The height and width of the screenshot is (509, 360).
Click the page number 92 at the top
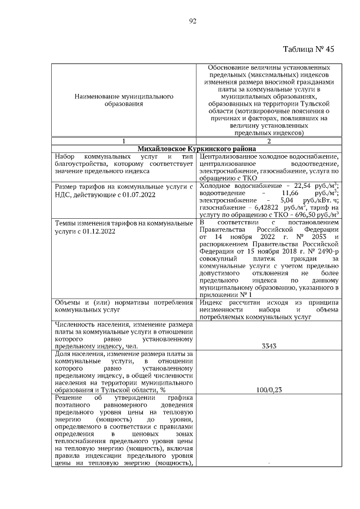point(192,21)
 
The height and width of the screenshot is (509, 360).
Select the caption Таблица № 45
point(308,49)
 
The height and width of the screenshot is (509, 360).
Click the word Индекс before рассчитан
point(211,303)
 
